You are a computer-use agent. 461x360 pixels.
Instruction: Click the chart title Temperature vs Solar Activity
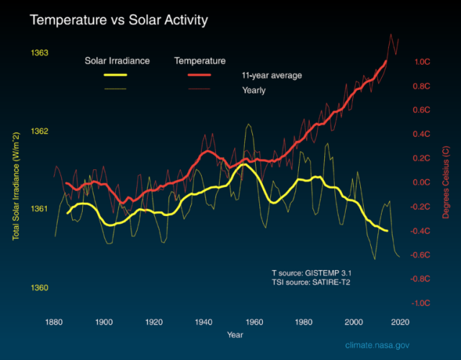tap(118, 20)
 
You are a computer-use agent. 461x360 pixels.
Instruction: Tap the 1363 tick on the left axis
tap(40, 53)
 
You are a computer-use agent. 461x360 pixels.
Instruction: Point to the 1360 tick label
tap(40, 288)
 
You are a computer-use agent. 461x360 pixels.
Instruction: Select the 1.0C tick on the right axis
tap(421, 62)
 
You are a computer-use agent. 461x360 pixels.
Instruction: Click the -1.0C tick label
tap(421, 303)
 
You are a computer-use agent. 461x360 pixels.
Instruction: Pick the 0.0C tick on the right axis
tap(421, 182)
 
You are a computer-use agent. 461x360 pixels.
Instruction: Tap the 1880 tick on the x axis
tap(53, 321)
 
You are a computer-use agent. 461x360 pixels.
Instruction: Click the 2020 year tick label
tap(400, 321)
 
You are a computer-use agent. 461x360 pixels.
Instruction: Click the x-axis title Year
tap(235, 335)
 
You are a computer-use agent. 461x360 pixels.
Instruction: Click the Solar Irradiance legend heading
tap(117, 60)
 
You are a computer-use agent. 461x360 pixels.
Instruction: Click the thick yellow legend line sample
tap(116, 75)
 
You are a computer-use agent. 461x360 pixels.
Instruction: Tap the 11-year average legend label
tap(272, 75)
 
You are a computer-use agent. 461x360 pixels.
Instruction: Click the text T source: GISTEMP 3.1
tap(312, 273)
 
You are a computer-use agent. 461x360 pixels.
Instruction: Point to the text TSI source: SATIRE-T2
tap(312, 284)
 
